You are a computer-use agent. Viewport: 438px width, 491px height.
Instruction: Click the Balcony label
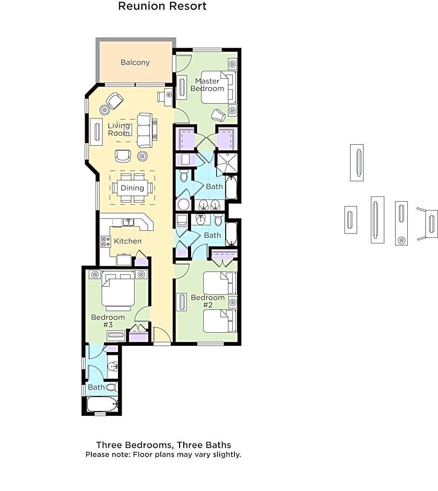click(135, 62)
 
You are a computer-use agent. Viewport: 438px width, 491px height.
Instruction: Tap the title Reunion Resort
click(162, 6)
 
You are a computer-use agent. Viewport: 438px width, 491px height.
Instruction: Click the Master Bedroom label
click(207, 85)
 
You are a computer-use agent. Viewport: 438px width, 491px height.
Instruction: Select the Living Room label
click(119, 130)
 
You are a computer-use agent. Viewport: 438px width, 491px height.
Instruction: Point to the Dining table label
click(132, 188)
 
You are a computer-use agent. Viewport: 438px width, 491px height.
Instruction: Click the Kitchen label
click(128, 241)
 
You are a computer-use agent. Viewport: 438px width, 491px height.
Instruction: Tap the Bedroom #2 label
click(208, 301)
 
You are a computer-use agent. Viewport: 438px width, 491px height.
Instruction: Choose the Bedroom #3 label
click(108, 321)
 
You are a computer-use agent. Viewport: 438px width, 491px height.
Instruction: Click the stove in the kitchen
click(105, 241)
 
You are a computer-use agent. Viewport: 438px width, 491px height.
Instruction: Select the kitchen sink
click(128, 223)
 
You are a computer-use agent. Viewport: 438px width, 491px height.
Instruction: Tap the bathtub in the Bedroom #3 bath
click(102, 404)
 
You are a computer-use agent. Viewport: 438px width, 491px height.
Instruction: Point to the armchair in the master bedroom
click(218, 115)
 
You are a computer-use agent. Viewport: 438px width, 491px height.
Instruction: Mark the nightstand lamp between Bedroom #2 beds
click(232, 302)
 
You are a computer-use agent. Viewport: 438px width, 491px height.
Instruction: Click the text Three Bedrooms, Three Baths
click(163, 445)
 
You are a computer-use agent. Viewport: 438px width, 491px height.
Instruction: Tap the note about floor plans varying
click(163, 454)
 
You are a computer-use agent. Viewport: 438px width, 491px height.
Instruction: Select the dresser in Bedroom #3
click(116, 335)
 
